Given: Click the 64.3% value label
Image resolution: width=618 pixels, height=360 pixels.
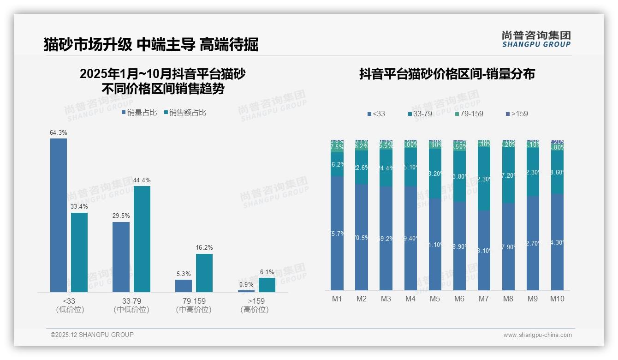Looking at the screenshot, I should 59,133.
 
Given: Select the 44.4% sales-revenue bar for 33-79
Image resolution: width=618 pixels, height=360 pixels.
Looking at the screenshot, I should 142,239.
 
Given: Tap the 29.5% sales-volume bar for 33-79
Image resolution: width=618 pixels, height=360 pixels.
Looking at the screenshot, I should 121,257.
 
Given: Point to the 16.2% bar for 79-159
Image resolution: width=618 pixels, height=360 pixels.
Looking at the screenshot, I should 204,273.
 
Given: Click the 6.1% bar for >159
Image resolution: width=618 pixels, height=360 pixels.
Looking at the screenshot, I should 267,285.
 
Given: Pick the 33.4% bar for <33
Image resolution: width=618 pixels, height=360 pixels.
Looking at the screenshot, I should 79,252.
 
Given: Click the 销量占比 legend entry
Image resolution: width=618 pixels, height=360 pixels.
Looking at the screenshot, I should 139,113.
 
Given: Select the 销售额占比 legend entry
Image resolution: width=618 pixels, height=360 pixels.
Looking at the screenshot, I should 185,113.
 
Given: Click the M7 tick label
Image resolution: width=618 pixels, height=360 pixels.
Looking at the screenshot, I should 483,299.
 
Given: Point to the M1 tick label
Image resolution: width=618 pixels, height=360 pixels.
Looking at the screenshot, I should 337,299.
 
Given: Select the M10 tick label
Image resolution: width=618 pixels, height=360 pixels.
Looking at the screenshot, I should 557,299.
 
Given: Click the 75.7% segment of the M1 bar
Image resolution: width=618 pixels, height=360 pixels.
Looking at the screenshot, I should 337,234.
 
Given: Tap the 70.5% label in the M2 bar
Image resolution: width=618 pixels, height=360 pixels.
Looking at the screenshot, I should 362,238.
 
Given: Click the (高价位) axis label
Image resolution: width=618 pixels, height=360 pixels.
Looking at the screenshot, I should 254,310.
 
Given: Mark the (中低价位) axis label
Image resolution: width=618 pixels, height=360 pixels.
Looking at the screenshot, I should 131,310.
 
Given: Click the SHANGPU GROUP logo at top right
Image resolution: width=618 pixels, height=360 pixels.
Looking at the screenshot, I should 536,39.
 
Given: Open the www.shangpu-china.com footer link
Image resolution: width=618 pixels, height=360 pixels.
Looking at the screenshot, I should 537,335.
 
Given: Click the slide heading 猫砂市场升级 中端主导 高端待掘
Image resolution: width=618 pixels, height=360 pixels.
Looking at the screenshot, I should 151,44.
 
